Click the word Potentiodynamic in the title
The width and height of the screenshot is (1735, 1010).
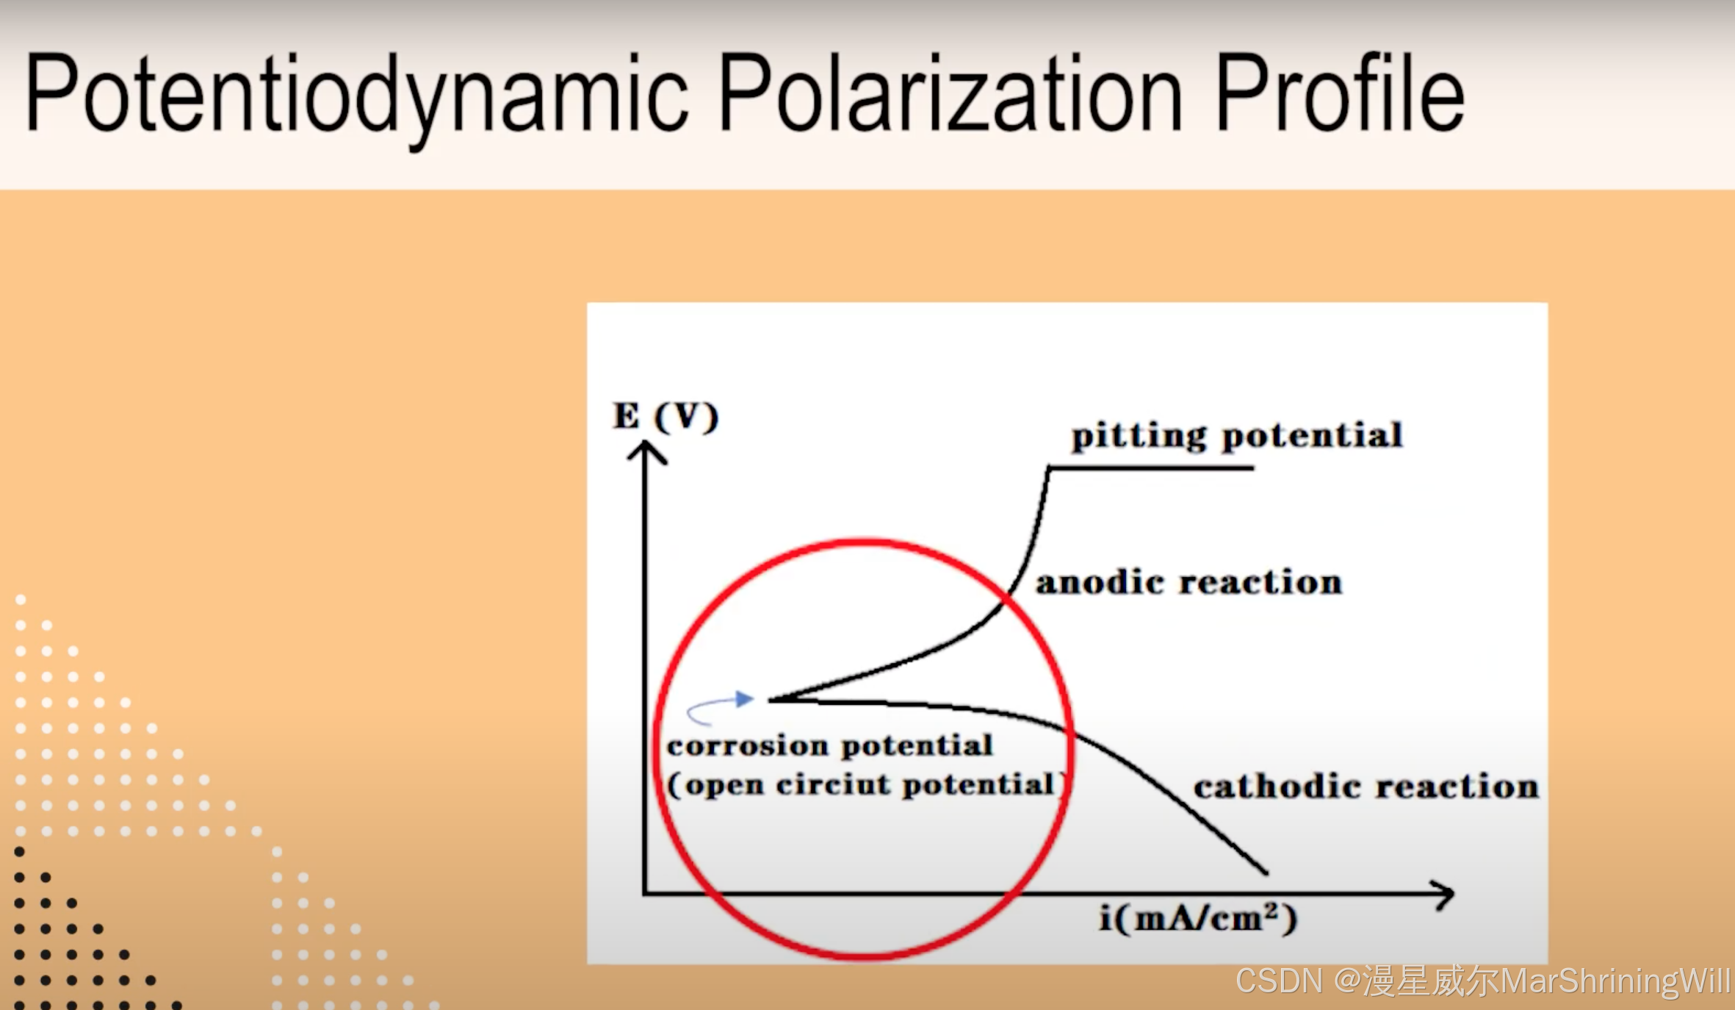[356, 94]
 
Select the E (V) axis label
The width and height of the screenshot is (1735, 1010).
[665, 417]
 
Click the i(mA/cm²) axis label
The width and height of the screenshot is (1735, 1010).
[1198, 919]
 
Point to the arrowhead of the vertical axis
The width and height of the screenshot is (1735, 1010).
[646, 448]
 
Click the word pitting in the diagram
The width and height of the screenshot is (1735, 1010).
[1139, 436]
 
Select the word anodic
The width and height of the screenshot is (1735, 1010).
[1100, 583]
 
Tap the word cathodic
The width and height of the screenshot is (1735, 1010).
[1278, 787]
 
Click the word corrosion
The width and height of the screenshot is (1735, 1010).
[748, 746]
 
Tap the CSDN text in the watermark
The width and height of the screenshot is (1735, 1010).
[1278, 981]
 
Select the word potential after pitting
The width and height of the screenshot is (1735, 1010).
[1312, 436]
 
